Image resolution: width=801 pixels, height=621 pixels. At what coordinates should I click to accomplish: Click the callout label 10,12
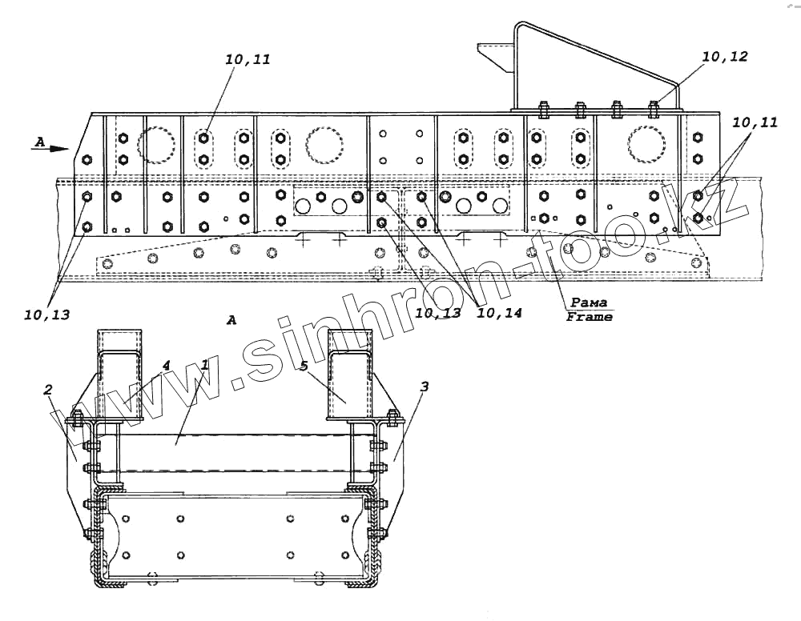724,57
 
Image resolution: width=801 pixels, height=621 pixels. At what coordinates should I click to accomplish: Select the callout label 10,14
499,313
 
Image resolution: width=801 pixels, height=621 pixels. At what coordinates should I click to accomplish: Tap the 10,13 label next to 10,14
438,313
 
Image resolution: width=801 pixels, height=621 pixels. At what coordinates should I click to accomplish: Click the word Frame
589,317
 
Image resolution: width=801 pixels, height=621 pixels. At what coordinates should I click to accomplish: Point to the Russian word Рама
589,303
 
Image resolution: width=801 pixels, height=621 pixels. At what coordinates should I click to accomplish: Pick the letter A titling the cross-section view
231,320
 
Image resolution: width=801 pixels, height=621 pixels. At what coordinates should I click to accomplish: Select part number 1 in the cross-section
205,365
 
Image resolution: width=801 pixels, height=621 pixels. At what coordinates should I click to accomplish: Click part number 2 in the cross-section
48,390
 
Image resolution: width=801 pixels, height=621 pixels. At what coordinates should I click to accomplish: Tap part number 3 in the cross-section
424,387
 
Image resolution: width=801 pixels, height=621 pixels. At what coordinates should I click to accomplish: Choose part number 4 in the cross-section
166,365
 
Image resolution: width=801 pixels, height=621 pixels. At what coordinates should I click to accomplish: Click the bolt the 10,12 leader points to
654,107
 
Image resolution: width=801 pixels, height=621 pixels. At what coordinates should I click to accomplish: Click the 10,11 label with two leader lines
754,122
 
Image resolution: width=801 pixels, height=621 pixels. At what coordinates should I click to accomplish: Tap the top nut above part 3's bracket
392,417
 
